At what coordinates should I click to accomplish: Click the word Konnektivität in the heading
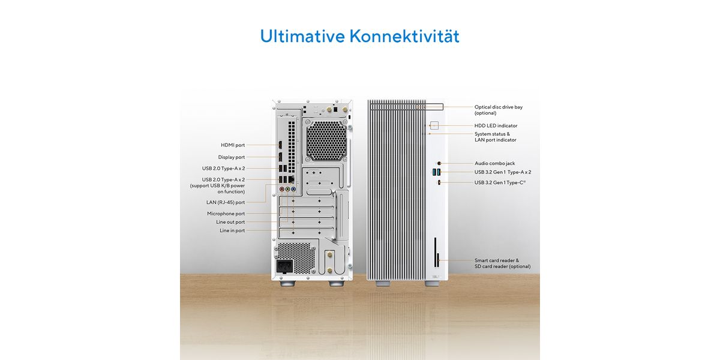pos(404,36)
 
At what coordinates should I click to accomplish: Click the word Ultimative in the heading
pos(302,36)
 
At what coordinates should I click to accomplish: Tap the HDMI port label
pos(233,145)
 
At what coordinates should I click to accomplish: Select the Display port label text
pos(232,157)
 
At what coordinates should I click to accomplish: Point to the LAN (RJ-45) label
pos(226,203)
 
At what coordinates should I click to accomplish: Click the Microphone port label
pos(226,214)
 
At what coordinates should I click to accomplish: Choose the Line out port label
pos(230,222)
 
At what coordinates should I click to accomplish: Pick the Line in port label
pos(232,230)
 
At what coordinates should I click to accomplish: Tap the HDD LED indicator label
pos(496,125)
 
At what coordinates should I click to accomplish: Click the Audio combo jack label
pos(494,163)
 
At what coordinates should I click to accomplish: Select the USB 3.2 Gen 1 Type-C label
pos(500,182)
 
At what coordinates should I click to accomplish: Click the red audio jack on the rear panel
pos(282,190)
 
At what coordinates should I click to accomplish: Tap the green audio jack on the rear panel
pos(287,190)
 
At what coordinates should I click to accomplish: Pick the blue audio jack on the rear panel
pos(293,190)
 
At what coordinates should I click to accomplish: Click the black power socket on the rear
pos(285,266)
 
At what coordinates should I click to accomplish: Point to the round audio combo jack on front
pos(439,163)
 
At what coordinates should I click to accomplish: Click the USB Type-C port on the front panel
pos(439,182)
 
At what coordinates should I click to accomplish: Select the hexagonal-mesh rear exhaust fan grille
pos(326,140)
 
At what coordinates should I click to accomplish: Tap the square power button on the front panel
pos(434,125)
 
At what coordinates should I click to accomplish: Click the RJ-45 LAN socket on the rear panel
pos(292,179)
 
